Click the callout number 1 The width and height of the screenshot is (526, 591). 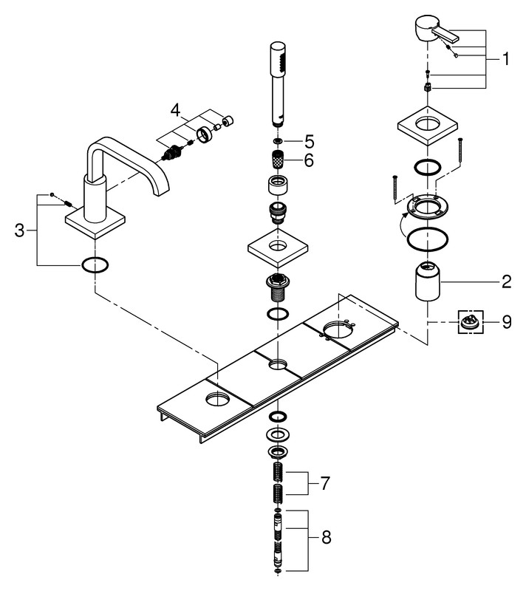click(505, 60)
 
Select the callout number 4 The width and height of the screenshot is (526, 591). click(175, 110)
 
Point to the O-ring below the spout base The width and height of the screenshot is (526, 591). click(96, 264)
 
